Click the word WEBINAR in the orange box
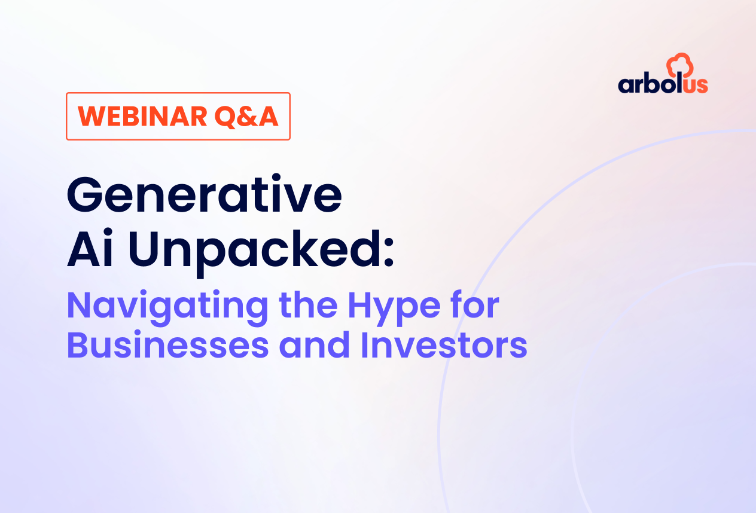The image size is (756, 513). pos(142,117)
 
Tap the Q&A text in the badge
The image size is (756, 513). pos(246,117)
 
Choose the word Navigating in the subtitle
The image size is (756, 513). pos(167,307)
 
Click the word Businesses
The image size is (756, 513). pos(167,345)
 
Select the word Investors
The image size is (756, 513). pos(444,345)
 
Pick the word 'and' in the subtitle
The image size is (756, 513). pos(315,344)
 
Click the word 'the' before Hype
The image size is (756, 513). pos(308,305)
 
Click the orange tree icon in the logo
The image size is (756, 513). pos(679,65)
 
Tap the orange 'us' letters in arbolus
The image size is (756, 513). pos(696,85)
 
